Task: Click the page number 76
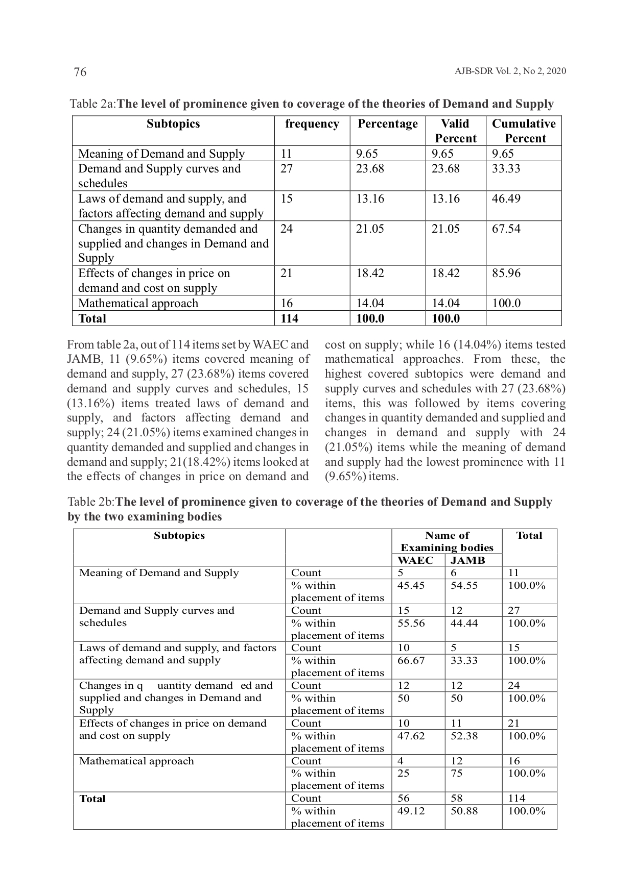[80, 72]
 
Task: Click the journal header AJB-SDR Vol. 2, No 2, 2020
[510, 71]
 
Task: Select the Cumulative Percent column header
[524, 131]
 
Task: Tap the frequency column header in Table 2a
[312, 124]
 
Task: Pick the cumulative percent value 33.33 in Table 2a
[506, 169]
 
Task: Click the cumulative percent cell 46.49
[506, 198]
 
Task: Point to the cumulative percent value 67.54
[506, 229]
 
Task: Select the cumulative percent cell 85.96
[506, 274]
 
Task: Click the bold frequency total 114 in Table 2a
[290, 318]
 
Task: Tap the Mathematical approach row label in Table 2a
[138, 304]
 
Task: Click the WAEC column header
[415, 560]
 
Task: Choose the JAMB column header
[468, 560]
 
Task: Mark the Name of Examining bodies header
[447, 541]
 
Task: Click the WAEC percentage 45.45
[411, 585]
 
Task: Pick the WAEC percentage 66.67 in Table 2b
[411, 660]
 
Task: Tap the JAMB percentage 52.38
[464, 736]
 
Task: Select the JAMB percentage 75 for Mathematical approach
[456, 773]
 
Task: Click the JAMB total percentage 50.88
[464, 811]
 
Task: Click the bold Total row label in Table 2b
[92, 799]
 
